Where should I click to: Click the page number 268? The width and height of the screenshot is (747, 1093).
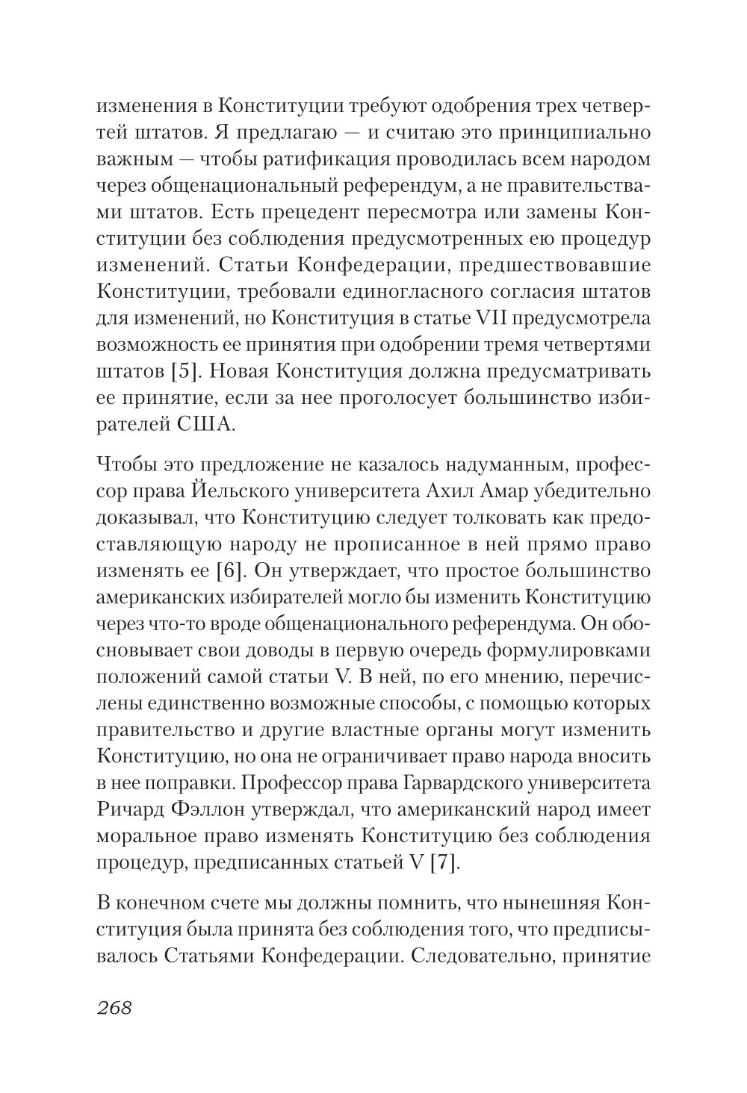tap(114, 1007)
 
